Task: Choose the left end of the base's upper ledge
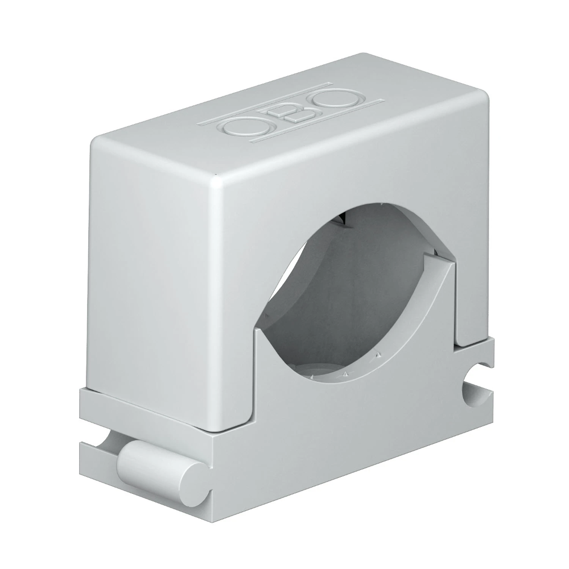(x=80, y=393)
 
